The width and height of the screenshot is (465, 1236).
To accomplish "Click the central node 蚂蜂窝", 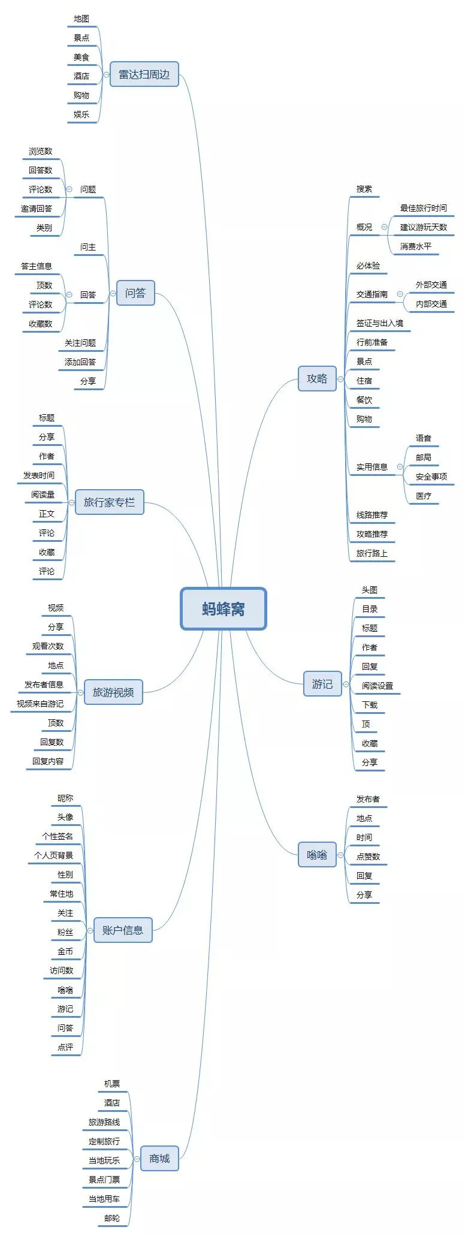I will [x=223, y=608].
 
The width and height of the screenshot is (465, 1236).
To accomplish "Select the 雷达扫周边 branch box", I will [x=144, y=74].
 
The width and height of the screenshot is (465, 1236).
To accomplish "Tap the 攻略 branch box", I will [x=317, y=378].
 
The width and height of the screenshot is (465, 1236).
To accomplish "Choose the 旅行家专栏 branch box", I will [x=109, y=502].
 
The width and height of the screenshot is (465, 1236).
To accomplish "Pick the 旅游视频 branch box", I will [x=113, y=692].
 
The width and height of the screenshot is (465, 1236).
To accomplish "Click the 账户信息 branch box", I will [x=122, y=930].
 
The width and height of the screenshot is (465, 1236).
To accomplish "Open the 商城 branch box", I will [x=159, y=1158].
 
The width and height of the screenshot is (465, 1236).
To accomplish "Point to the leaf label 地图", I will [x=81, y=19].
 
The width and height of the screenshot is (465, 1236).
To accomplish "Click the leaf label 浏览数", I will [x=41, y=151].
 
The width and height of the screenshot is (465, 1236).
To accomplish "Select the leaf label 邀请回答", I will [x=37, y=209].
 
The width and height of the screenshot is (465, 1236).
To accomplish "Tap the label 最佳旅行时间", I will [x=423, y=208].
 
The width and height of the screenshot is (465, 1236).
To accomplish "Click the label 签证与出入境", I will [x=379, y=323].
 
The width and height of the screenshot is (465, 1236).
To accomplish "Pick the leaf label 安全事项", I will [x=431, y=477].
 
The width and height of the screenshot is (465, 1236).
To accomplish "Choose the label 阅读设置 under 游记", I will [x=377, y=686].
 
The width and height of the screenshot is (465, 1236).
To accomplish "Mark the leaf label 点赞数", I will [x=368, y=857].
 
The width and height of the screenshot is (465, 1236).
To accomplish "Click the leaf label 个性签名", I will [x=58, y=836].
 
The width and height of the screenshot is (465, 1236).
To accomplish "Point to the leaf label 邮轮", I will [x=111, y=1218].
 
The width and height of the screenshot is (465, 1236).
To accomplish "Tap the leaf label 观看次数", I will [x=48, y=646].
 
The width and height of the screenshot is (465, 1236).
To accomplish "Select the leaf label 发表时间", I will [x=39, y=475].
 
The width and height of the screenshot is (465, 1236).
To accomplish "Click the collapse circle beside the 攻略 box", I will [x=340, y=379].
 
